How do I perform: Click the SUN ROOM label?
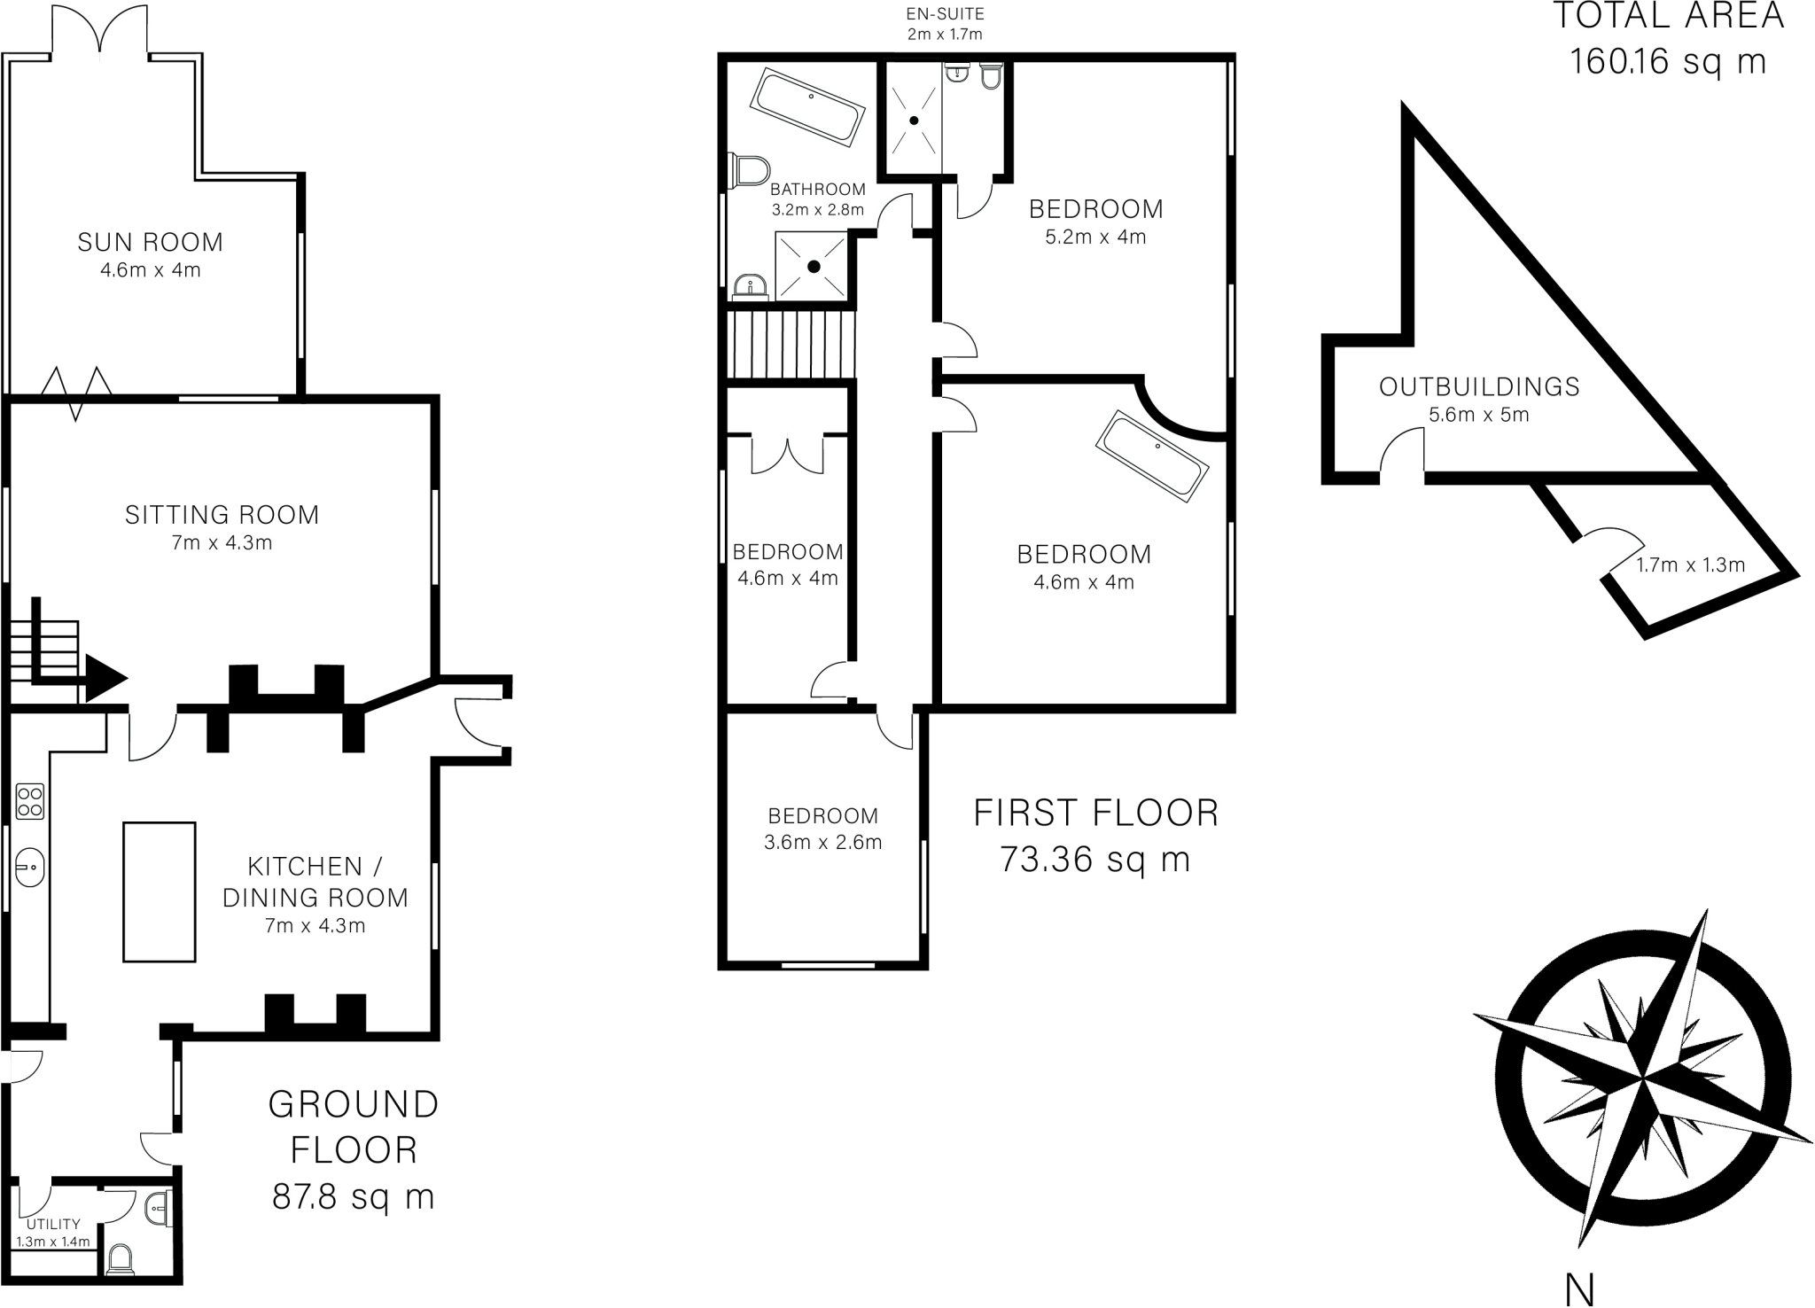[x=150, y=242]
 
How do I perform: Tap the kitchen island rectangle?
[x=160, y=891]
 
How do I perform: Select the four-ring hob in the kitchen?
[x=30, y=801]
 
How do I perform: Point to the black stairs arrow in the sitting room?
[x=102, y=680]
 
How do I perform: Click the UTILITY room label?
[x=53, y=1224]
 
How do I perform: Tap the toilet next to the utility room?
[x=120, y=1259]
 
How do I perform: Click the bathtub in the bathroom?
[x=807, y=107]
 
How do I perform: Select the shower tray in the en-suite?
[x=913, y=120]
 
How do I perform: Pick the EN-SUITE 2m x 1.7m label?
[x=945, y=24]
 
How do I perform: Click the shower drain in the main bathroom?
[x=814, y=266]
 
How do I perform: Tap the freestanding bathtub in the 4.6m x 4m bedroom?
[x=1152, y=456]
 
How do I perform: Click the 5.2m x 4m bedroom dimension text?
[x=1095, y=237]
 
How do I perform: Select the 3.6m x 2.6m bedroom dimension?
[x=822, y=843]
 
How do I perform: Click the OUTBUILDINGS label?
[x=1479, y=386]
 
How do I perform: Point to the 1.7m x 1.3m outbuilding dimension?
[x=1690, y=565]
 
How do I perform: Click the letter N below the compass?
[x=1579, y=1290]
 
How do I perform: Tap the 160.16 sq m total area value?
[x=1668, y=62]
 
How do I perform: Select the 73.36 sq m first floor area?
[x=1094, y=860]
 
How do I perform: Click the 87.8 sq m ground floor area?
[x=353, y=1197]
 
